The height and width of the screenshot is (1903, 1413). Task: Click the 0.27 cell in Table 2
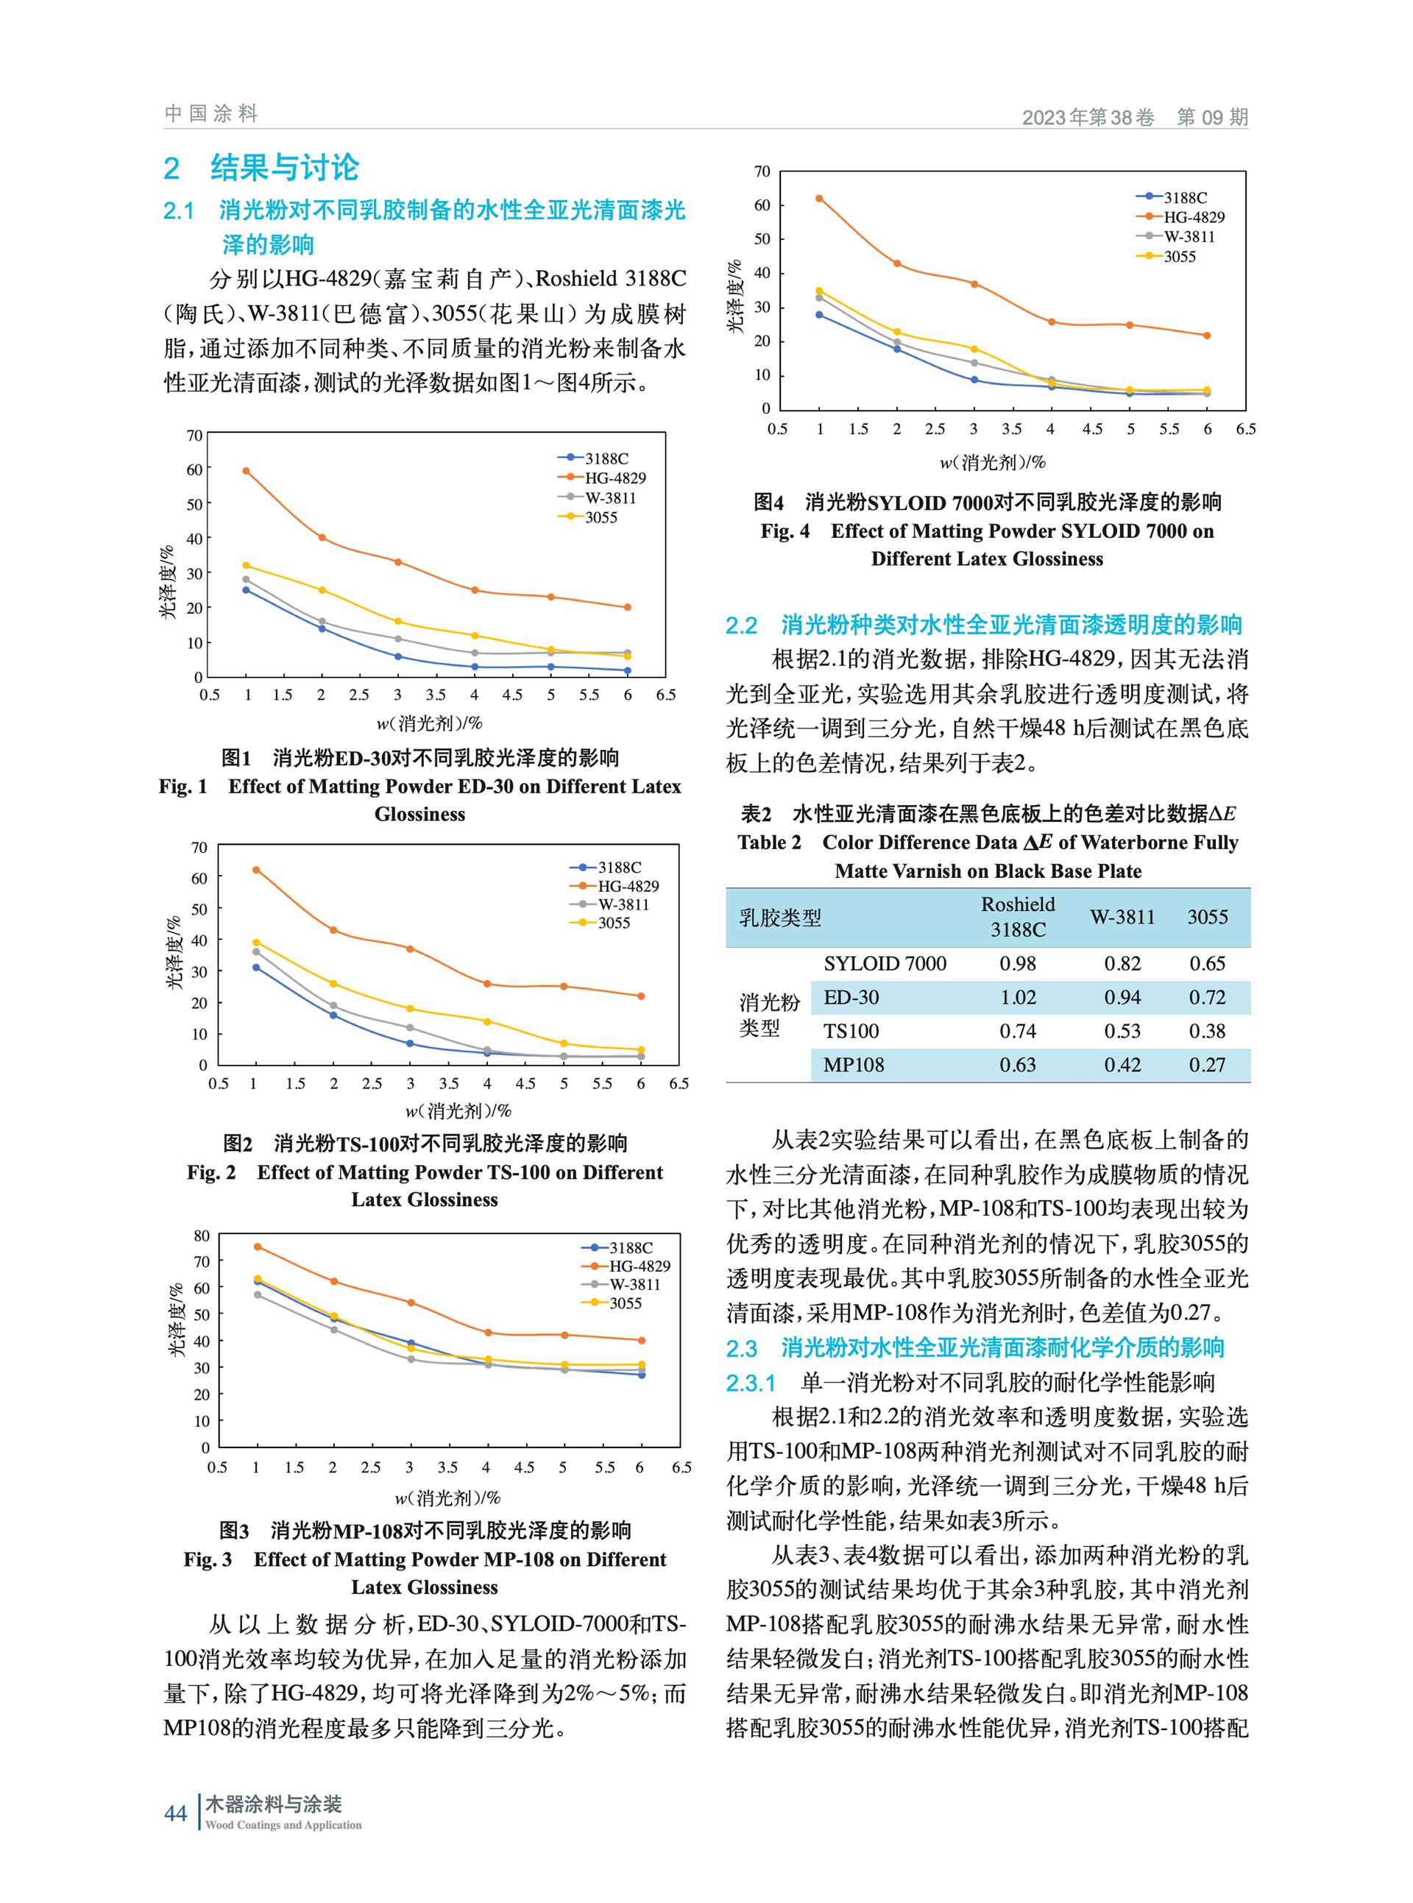(x=1207, y=1065)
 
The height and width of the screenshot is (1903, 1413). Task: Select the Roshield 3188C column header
(x=1018, y=917)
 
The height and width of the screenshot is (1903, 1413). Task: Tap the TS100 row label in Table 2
(x=851, y=1031)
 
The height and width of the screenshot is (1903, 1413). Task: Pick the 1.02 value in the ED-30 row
(x=1018, y=997)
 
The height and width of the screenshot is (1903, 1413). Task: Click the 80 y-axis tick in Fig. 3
(x=202, y=1235)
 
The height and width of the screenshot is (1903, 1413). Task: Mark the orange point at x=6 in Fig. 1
(x=627, y=607)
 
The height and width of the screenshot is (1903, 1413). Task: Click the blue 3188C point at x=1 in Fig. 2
(x=256, y=968)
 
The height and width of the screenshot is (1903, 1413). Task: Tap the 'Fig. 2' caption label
(x=211, y=1172)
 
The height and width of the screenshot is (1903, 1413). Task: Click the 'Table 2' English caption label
(x=770, y=843)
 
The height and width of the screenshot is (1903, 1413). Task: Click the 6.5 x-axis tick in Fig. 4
(x=1245, y=428)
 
